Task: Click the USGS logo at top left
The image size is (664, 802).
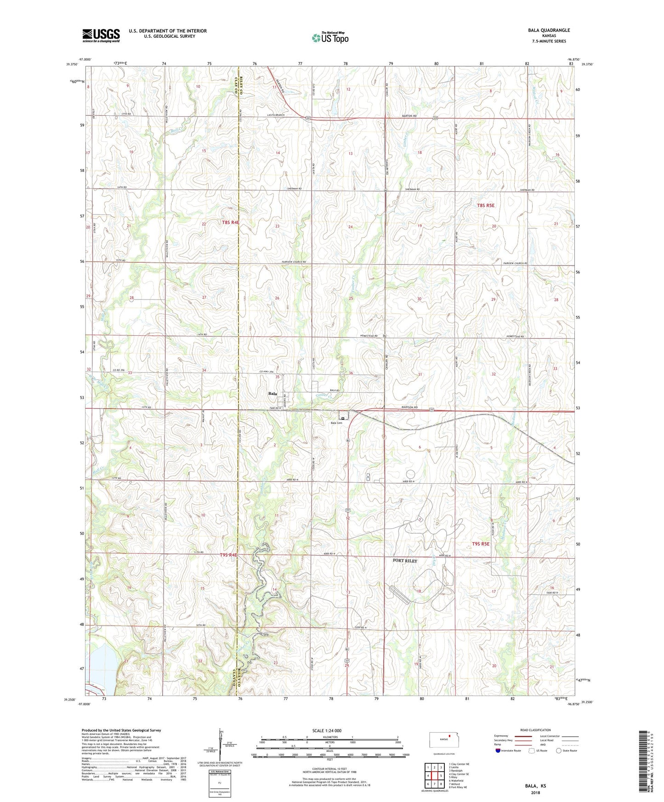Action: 101,35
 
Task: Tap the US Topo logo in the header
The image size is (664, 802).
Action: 329,38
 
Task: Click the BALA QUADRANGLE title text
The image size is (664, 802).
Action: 549,30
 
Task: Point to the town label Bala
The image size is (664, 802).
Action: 272,394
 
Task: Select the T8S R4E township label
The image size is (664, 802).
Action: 231,222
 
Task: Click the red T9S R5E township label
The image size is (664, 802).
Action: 481,544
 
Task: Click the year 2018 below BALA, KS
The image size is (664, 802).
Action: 535,792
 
